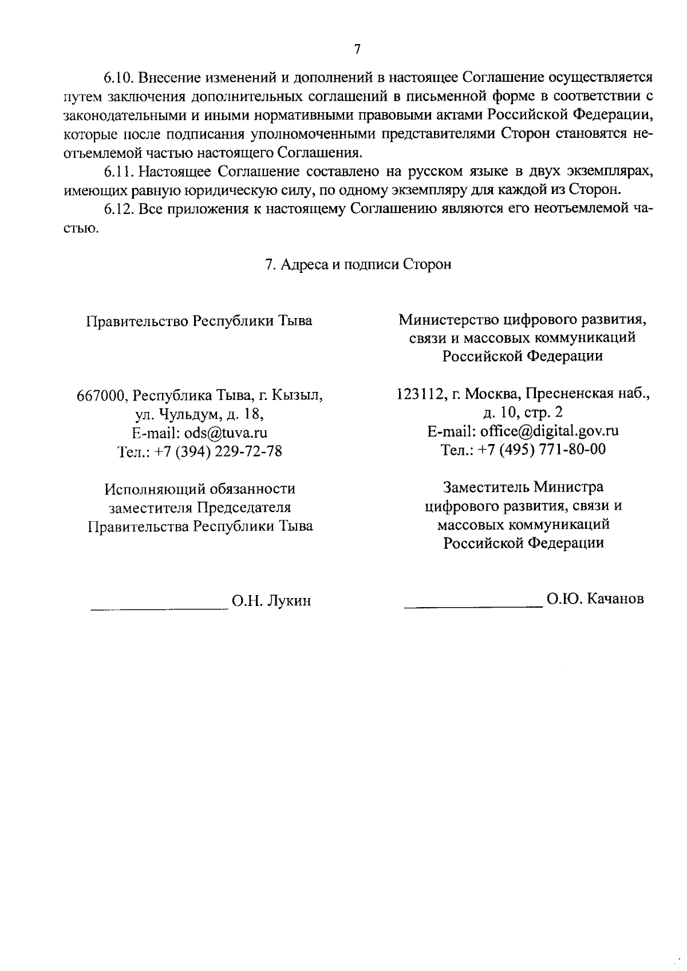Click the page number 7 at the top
(x=357, y=49)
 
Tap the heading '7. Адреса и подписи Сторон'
(x=358, y=264)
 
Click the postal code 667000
(x=100, y=395)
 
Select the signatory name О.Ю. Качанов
(x=595, y=599)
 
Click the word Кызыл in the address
(x=297, y=395)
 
